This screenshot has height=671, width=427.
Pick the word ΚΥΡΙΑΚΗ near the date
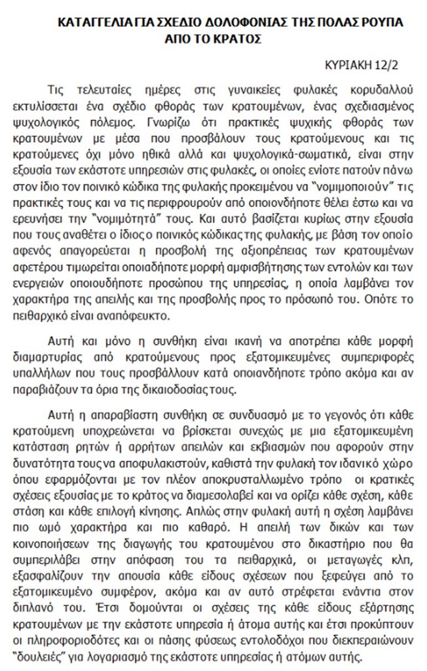pos(347,66)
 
